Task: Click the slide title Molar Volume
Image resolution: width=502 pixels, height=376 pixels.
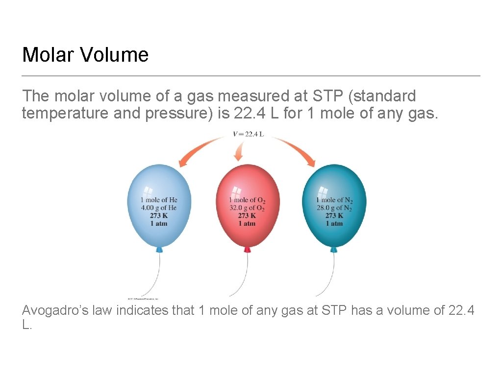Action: pyautogui.click(x=85, y=54)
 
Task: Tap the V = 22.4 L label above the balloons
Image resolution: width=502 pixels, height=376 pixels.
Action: pyautogui.click(x=248, y=134)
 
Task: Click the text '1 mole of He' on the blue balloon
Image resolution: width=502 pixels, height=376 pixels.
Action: pyautogui.click(x=159, y=200)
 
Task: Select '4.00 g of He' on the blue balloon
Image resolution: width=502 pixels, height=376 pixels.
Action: pyautogui.click(x=159, y=208)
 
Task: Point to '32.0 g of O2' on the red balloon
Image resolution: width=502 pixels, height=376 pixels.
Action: pyautogui.click(x=247, y=208)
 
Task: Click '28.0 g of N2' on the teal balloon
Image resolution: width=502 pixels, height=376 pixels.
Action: pyautogui.click(x=334, y=208)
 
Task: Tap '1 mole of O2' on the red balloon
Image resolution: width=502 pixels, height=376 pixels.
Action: pyautogui.click(x=247, y=200)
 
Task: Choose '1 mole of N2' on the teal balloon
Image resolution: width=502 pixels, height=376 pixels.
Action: pyautogui.click(x=334, y=200)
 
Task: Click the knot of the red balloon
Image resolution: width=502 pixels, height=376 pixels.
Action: pyautogui.click(x=247, y=250)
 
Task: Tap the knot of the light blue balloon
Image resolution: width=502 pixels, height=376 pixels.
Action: pyautogui.click(x=159, y=250)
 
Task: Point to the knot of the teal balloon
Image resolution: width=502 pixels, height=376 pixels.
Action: pyautogui.click(x=334, y=250)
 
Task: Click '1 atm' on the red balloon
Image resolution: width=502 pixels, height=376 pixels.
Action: pyautogui.click(x=247, y=224)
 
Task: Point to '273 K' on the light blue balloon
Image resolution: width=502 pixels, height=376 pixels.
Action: pyautogui.click(x=159, y=215)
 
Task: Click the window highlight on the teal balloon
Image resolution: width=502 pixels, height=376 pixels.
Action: pyautogui.click(x=323, y=191)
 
